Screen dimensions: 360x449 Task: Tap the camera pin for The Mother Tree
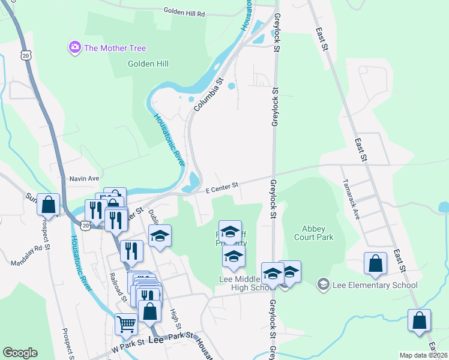(75, 47)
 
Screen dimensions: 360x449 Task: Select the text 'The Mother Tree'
(115, 48)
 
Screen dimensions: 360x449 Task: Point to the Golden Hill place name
(148, 64)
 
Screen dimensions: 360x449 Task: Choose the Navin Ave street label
(84, 178)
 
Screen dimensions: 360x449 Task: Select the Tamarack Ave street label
(350, 199)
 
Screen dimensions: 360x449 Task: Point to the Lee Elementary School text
(375, 285)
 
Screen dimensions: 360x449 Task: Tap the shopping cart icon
(126, 325)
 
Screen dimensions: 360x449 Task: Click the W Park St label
(128, 343)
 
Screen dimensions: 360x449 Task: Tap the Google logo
(20, 353)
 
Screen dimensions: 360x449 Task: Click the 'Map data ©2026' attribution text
(423, 355)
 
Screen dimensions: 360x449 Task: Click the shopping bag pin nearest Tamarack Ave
(375, 264)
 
